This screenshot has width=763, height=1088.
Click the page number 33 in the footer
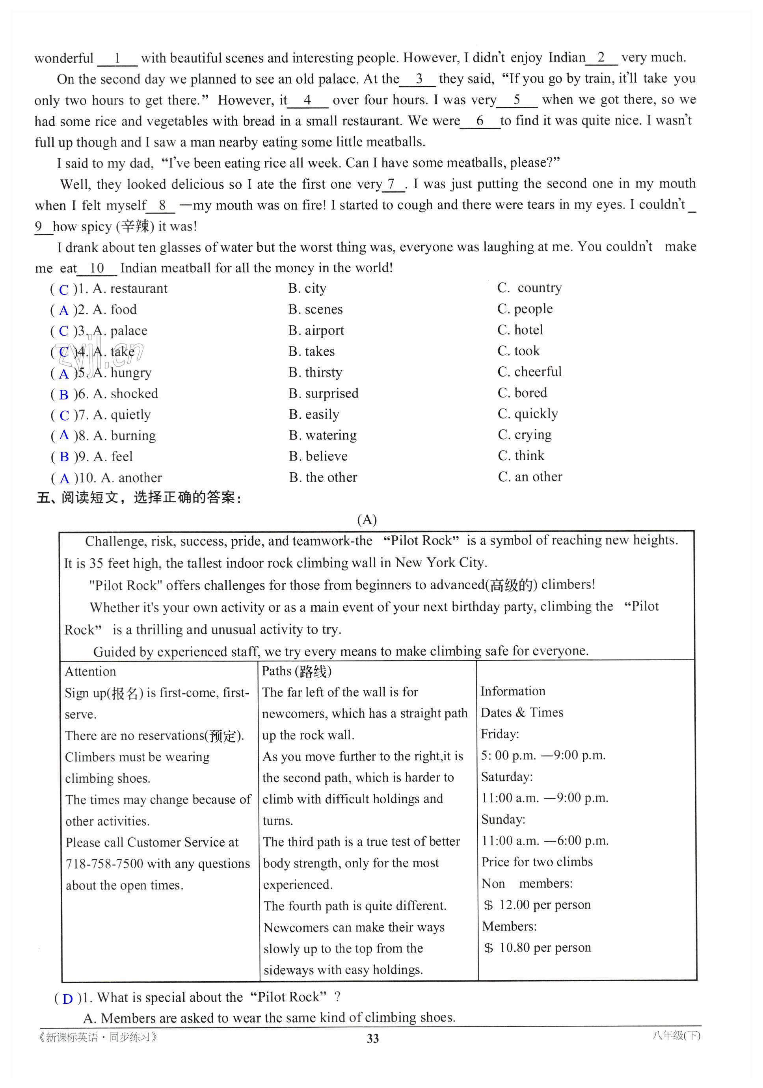coord(372,1039)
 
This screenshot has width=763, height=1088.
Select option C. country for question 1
coord(529,288)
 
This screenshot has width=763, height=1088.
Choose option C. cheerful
coord(529,371)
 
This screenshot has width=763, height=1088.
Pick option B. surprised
coord(324,393)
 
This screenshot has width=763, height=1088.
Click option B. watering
coord(322,435)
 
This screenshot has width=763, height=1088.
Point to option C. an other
coord(530,477)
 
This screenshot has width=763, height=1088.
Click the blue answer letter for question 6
coord(63,395)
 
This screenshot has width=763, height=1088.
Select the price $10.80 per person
coord(537,948)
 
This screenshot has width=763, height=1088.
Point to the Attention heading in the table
coord(90,672)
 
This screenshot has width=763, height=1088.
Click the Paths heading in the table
coord(296,671)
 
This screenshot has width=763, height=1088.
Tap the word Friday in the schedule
coord(499,734)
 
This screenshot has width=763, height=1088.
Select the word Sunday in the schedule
coord(502,819)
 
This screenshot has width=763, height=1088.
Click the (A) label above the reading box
coord(367,520)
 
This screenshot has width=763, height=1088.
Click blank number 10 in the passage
coord(97,268)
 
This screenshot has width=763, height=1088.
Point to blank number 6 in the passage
coord(480,121)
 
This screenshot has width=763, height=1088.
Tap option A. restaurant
coord(130,289)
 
